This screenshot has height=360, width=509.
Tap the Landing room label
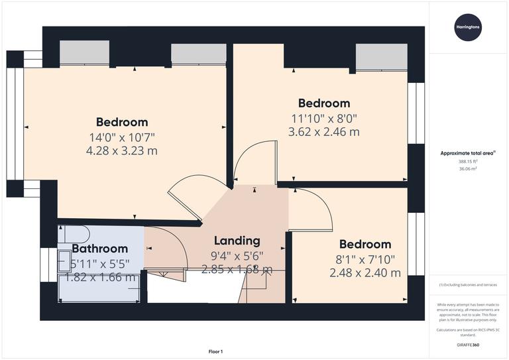[237, 241]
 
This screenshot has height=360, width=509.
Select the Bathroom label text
[99, 249]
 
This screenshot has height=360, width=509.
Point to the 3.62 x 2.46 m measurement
[323, 132]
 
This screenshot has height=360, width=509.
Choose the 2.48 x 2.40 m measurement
[365, 272]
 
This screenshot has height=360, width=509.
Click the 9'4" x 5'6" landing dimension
[237, 255]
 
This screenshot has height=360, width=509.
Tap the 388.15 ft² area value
[468, 161]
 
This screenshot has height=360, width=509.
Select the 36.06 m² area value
[468, 169]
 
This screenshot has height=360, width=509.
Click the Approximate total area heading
[468, 153]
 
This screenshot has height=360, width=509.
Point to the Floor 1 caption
[215, 351]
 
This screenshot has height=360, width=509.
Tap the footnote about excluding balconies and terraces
[468, 285]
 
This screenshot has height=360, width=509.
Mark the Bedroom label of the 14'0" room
[121, 122]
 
